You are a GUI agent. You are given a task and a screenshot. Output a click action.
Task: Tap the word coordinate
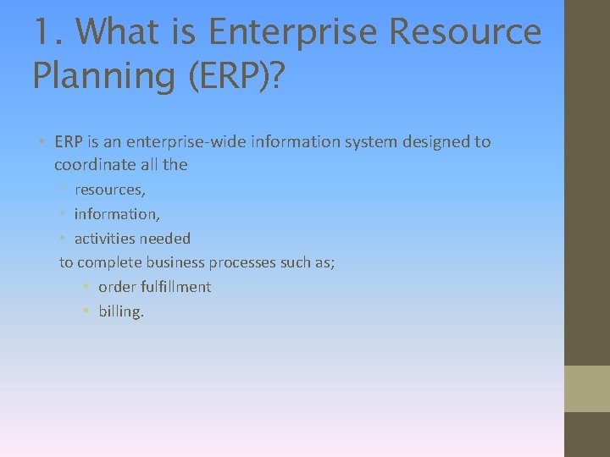click(x=90, y=165)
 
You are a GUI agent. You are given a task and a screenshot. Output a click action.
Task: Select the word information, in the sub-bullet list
click(x=117, y=214)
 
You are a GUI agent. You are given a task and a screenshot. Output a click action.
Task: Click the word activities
click(x=106, y=239)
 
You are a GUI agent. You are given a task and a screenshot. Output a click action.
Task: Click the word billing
click(x=121, y=311)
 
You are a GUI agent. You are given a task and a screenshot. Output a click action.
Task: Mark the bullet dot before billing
click(x=86, y=311)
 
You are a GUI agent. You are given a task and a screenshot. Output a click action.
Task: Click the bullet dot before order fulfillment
click(x=86, y=287)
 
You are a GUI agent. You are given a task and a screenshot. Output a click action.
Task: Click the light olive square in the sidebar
click(x=587, y=388)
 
